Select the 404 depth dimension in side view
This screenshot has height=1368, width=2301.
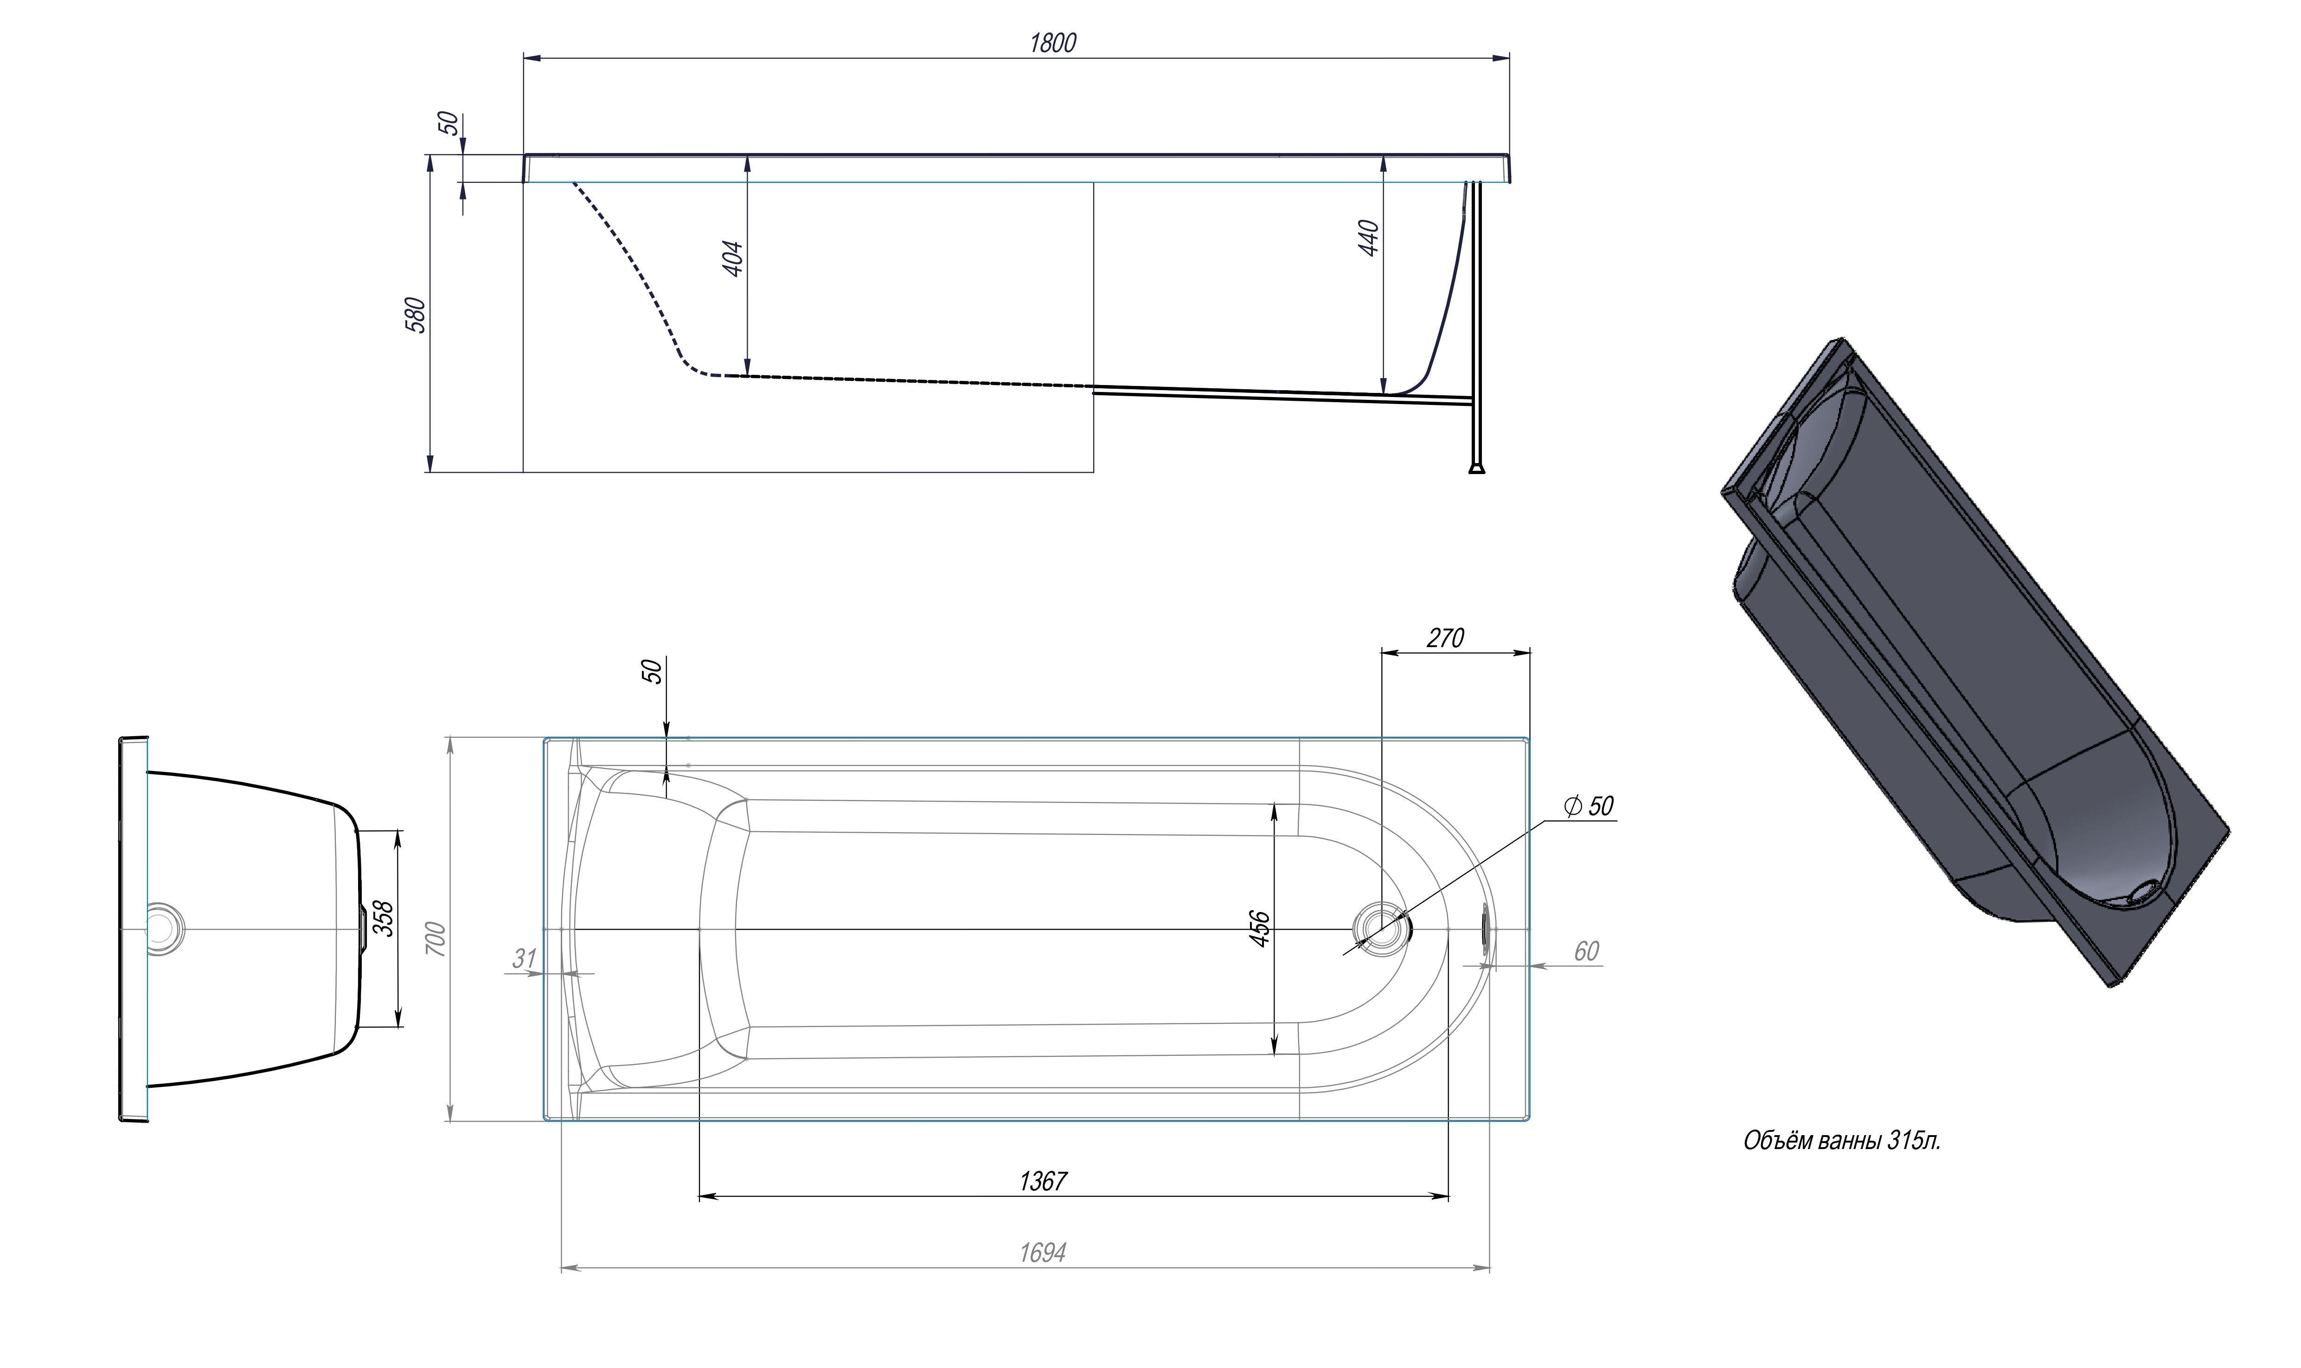pos(732,259)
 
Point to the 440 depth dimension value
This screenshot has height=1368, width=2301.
pos(1368,238)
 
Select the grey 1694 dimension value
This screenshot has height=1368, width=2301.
pos(1042,1253)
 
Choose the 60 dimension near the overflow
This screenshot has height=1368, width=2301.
pos(1585,951)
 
